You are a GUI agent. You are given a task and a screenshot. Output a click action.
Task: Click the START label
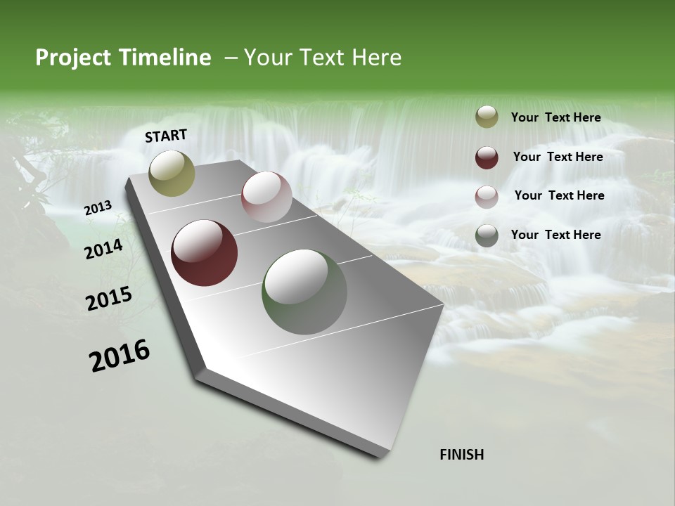point(166,136)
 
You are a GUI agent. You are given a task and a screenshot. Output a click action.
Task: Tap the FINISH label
point(462,455)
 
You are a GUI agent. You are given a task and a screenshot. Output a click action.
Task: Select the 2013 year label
point(98,208)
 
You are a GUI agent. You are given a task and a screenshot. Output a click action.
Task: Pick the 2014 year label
point(104,249)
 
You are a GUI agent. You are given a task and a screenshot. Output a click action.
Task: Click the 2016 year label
point(120,355)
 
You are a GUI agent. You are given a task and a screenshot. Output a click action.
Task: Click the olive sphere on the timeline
point(172,174)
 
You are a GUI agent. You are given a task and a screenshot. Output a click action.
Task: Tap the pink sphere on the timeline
point(266,197)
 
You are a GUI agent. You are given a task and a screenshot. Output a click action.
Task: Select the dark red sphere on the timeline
point(205,253)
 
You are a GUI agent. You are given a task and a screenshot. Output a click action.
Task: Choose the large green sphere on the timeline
point(304,292)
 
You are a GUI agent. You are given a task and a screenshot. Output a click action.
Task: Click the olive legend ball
point(487,117)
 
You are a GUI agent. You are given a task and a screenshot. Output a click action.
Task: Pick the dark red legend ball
point(487,157)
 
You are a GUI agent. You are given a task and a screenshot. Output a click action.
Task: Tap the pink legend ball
point(487,197)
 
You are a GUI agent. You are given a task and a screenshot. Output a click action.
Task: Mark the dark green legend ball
point(487,235)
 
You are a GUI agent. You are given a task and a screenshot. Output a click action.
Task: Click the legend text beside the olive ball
point(556,117)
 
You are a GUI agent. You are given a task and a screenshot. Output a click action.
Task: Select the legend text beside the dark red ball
point(558,157)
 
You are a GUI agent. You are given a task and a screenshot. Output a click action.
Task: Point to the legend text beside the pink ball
point(560,195)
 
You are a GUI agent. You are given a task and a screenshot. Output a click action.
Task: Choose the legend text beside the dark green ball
point(556,235)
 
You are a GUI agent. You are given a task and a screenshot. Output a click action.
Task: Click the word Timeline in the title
point(165,58)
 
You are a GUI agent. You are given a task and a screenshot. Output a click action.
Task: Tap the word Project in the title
point(74,58)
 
